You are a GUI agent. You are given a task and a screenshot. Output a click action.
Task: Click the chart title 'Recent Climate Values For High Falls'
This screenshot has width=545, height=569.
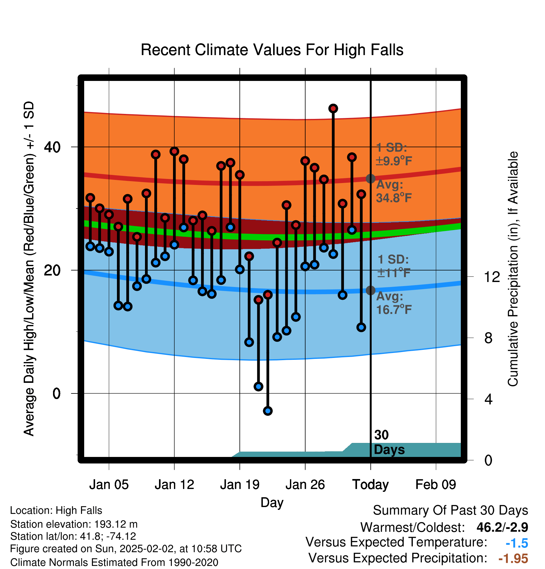(x=272, y=50)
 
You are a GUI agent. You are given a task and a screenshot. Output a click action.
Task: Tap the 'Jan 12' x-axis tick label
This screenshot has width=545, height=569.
(x=174, y=485)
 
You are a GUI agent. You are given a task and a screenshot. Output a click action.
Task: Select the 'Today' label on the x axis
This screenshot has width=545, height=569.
(x=370, y=485)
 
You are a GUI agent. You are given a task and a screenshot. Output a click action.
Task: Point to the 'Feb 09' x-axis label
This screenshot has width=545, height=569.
(x=436, y=485)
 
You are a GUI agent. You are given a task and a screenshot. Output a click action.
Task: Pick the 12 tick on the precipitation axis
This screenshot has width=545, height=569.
(x=492, y=277)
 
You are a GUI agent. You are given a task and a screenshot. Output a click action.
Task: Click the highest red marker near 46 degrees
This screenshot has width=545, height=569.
(x=333, y=109)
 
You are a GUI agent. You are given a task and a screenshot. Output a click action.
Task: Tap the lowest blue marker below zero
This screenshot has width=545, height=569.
(x=268, y=411)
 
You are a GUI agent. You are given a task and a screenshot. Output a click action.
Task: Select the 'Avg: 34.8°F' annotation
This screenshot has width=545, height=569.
(x=394, y=191)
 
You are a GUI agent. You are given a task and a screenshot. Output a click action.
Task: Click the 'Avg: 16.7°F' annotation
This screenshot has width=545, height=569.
(x=394, y=303)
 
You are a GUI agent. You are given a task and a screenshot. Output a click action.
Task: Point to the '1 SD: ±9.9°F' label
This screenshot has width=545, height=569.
(x=394, y=154)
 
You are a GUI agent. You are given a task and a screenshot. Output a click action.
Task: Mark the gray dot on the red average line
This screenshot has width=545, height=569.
(x=370, y=179)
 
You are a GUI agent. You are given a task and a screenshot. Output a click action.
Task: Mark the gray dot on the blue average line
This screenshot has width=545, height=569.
(x=370, y=290)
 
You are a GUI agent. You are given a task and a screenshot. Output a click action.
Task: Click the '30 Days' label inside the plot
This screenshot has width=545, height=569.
(x=389, y=442)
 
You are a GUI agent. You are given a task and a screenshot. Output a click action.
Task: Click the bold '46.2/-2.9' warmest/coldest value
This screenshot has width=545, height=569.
(x=502, y=527)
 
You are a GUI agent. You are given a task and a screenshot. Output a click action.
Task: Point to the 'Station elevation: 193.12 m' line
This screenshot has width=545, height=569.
(x=74, y=524)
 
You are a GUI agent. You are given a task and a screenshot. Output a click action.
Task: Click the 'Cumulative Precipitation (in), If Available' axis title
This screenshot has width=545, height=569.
(x=513, y=269)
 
